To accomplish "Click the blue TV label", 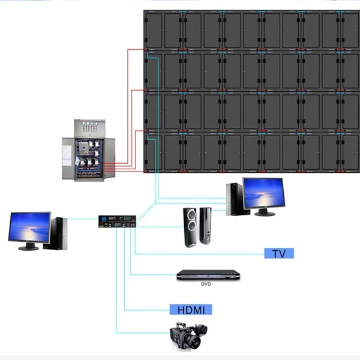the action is (279, 253).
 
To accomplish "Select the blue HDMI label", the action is (191, 310).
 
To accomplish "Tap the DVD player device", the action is (208, 275).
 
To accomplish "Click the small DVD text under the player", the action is (206, 284).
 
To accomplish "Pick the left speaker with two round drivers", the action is (191, 227).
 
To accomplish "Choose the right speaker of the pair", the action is (205, 226).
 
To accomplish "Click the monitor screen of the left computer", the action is (29, 226).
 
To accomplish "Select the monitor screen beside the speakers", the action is (264, 193).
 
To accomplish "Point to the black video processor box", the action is (117, 221).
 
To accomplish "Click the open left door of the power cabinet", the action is (68, 158).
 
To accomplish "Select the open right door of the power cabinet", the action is (109, 158).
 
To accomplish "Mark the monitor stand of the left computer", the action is (29, 246).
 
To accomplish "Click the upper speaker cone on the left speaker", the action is (191, 215).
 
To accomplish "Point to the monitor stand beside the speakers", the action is (265, 212).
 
